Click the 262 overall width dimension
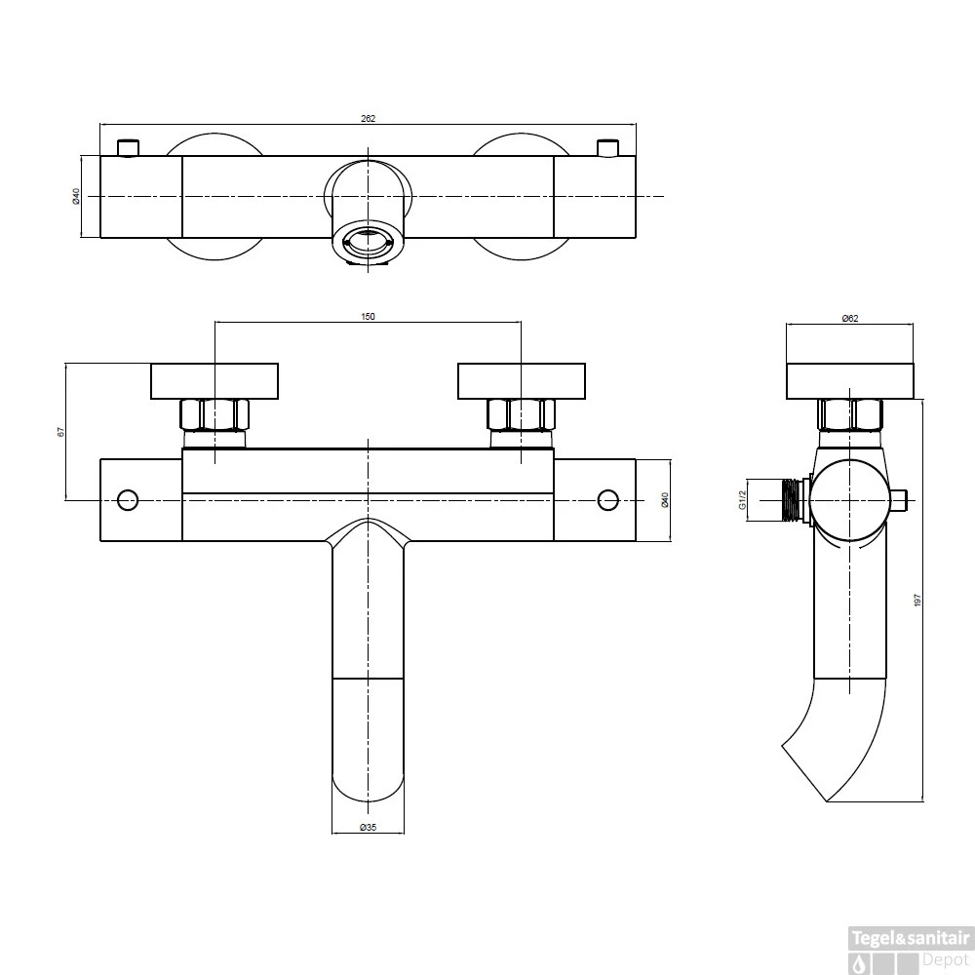tap(368, 118)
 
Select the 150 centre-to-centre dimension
tap(368, 316)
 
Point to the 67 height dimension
tap(60, 431)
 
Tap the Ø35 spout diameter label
tap(368, 828)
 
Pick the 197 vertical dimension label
tap(916, 601)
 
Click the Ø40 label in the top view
tap(75, 196)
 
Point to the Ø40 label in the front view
tap(664, 499)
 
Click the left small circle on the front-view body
tap(127, 499)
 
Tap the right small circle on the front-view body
tap(608, 499)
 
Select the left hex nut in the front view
tap(214, 415)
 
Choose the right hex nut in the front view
tap(521, 415)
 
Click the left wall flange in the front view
tap(214, 380)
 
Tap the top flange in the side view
tap(849, 380)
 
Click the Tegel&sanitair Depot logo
tap(910, 948)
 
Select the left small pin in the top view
tap(127, 147)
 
